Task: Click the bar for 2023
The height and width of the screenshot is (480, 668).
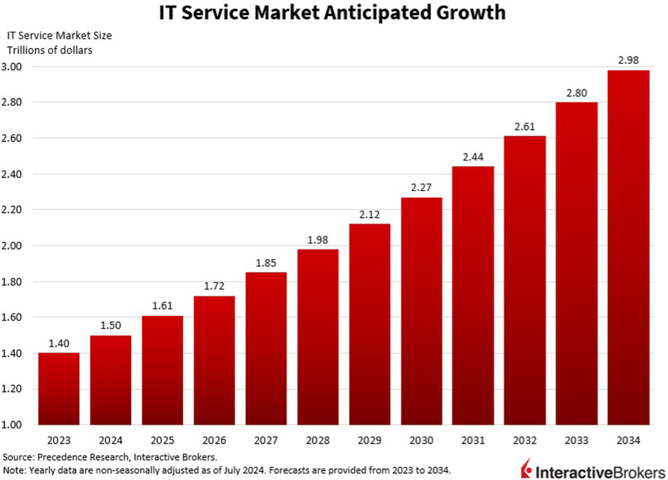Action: [59, 389]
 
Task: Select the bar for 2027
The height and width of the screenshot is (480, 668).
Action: [266, 348]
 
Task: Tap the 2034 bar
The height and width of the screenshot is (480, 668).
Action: [628, 247]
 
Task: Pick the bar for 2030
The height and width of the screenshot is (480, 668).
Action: [422, 311]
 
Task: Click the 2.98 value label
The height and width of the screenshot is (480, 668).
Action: [628, 60]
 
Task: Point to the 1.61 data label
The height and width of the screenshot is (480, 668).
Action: [162, 306]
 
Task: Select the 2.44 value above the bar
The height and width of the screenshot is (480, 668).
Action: [473, 156]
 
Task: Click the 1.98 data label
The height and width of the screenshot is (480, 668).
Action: [318, 239]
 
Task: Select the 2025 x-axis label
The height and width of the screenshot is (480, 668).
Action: [162, 441]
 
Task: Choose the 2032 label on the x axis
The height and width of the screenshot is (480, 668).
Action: [525, 441]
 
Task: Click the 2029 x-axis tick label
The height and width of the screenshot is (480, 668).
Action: [369, 441]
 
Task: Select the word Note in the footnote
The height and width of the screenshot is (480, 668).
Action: [13, 470]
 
